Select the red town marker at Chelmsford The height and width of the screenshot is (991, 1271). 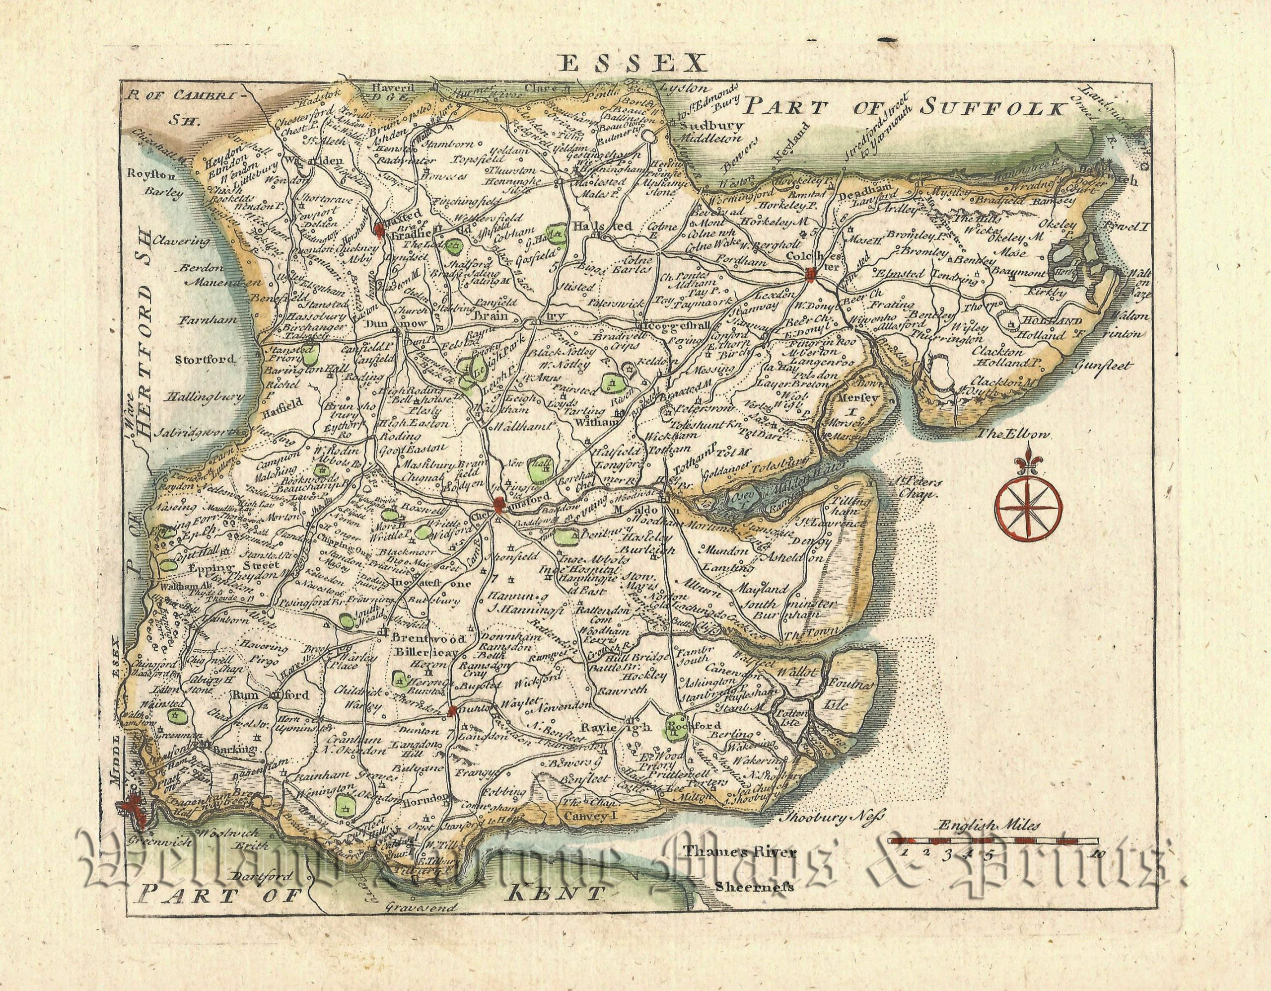coord(499,505)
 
